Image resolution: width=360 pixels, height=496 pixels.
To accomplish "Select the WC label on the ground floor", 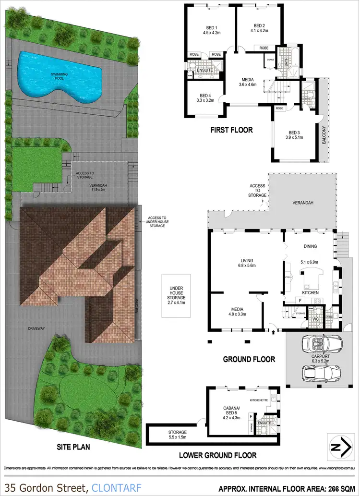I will click(x=316, y=318).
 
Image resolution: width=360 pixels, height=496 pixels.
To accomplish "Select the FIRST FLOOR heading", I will click(x=231, y=130).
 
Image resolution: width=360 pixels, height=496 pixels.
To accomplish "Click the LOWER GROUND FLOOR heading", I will click(x=217, y=455).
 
